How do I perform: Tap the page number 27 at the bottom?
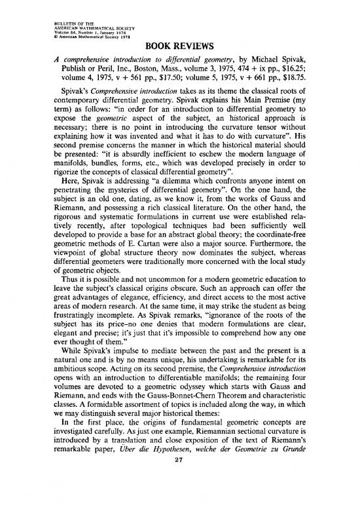pyautogui.click(x=180, y=494)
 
